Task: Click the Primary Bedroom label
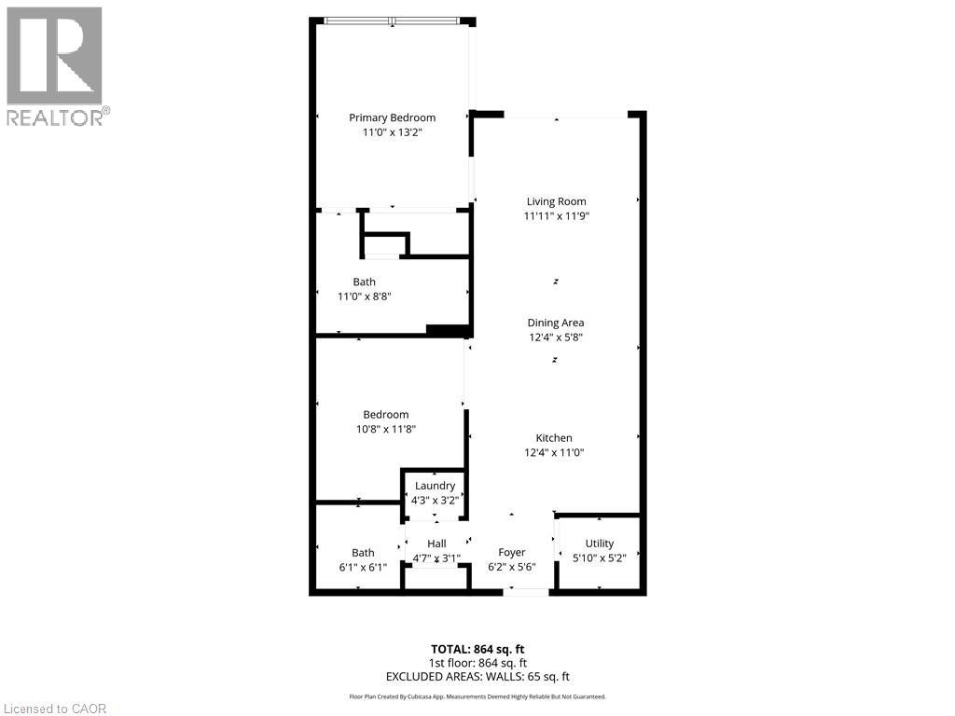tap(392, 117)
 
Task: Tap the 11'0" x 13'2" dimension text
tap(392, 133)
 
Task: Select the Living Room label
tap(556, 201)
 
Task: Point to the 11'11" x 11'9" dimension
tap(556, 216)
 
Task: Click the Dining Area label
tap(556, 323)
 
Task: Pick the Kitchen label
tap(554, 438)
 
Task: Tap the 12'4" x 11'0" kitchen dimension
tap(554, 453)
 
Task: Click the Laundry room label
tap(435, 486)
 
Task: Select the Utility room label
tap(600, 544)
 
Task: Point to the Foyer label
tap(512, 553)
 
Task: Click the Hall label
tap(436, 544)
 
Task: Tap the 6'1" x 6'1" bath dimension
tap(363, 567)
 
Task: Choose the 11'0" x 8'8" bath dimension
tap(363, 296)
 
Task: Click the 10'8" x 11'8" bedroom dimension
tap(385, 430)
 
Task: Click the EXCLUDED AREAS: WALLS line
tap(477, 677)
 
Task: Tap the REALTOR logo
tap(56, 65)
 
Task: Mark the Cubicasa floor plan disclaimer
tap(477, 696)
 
